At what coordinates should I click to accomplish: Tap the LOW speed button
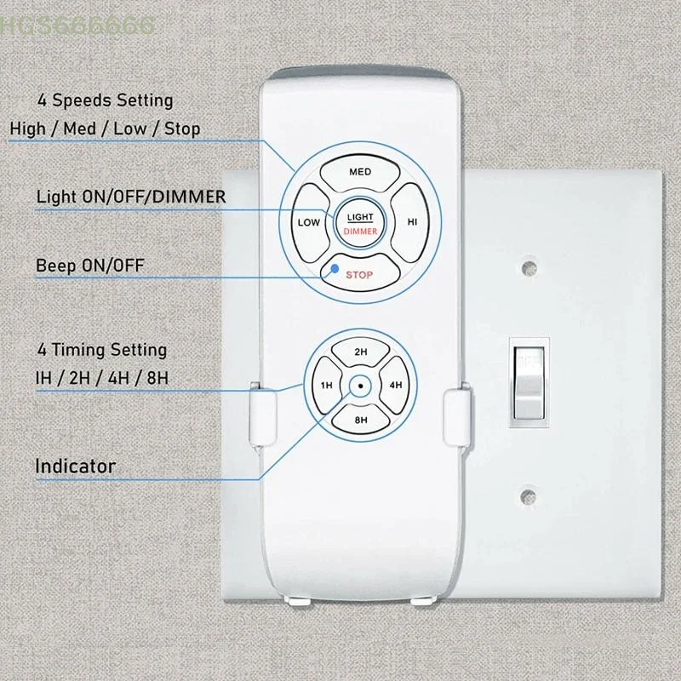(x=309, y=223)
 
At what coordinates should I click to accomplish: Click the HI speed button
(x=411, y=222)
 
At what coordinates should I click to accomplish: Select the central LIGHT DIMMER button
(x=360, y=224)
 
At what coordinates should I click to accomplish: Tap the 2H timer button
(x=360, y=352)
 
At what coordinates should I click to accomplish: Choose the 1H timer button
(x=326, y=386)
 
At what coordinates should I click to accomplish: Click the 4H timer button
(x=395, y=386)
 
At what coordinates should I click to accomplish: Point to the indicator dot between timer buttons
(x=360, y=386)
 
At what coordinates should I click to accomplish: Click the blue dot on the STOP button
(x=335, y=268)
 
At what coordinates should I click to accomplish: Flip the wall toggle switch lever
(x=529, y=382)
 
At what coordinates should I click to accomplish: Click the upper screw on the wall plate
(x=529, y=267)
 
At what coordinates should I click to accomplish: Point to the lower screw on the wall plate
(x=528, y=496)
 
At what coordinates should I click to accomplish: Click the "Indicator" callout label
(x=75, y=466)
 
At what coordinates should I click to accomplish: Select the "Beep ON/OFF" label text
(x=90, y=266)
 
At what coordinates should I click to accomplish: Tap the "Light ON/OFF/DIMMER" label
(x=131, y=197)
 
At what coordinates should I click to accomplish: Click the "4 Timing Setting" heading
(x=102, y=350)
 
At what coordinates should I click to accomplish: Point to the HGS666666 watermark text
(x=77, y=26)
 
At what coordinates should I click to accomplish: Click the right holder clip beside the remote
(x=457, y=416)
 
